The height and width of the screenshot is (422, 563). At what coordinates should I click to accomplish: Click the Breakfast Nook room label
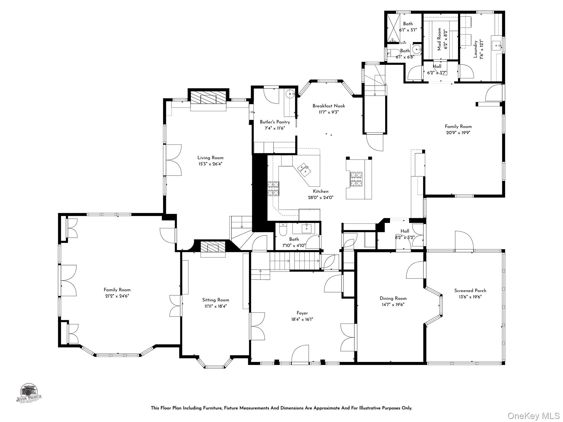[x=329, y=106]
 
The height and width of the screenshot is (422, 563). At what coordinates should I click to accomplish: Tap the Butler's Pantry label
[x=275, y=122]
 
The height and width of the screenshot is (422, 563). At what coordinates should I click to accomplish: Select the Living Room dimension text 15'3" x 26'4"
[x=210, y=164]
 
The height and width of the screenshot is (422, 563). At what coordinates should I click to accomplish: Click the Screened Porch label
[x=470, y=291]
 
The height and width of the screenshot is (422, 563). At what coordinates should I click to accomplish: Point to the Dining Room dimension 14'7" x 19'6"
[x=393, y=305]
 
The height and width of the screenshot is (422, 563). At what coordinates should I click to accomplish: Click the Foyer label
[x=302, y=313]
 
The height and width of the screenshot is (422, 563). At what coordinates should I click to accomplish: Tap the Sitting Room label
[x=216, y=300]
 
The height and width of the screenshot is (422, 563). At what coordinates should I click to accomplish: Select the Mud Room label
[x=439, y=39]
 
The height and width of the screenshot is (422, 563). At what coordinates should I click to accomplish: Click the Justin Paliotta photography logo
[x=29, y=393]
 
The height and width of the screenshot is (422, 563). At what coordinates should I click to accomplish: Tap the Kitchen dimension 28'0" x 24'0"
[x=321, y=197]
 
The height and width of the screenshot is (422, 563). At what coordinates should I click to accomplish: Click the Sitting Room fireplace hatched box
[x=213, y=247]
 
